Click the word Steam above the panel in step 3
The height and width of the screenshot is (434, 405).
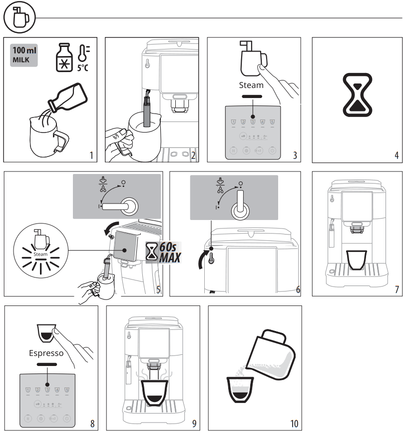pos(251,85)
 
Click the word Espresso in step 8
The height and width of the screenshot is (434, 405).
pos(46,352)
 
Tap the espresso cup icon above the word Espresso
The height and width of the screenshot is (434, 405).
pos(46,332)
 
